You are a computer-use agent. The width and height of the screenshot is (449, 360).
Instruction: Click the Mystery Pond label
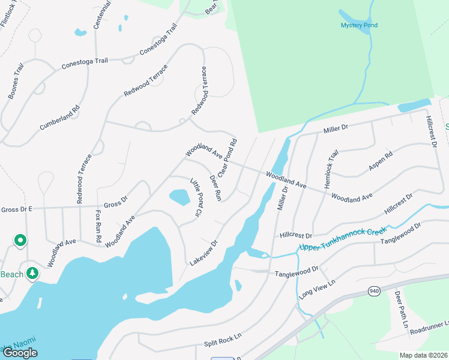(359, 25)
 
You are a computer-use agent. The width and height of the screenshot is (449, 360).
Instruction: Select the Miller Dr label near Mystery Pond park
(336, 129)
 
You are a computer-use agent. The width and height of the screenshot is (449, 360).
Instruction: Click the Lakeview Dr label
(203, 254)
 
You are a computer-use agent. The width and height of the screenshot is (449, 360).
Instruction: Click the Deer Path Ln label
(400, 313)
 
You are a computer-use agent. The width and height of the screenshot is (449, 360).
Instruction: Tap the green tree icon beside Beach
(32, 274)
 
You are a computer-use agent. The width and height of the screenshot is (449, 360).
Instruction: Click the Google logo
(20, 353)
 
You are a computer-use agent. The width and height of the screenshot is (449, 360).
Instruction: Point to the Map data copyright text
(423, 355)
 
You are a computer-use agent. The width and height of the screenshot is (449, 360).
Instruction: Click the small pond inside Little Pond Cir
(178, 197)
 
